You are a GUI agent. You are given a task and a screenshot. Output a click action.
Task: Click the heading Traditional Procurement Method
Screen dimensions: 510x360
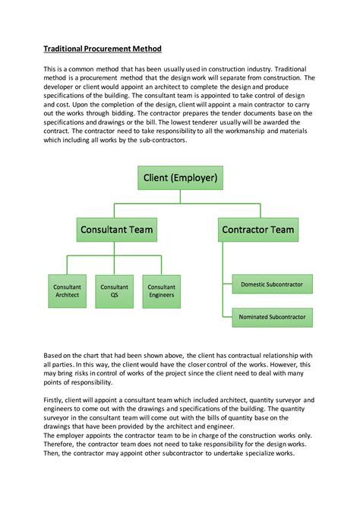click(x=102, y=49)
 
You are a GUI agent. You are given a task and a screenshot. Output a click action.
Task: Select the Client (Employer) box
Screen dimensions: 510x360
click(x=180, y=179)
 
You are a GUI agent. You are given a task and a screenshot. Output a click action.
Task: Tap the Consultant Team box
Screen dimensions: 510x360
click(x=118, y=230)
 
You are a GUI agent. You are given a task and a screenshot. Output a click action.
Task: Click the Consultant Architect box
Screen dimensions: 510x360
click(x=67, y=291)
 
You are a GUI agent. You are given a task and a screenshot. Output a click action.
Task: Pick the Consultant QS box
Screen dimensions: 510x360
click(x=115, y=291)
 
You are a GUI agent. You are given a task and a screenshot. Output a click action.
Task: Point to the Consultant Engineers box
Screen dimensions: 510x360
click(x=162, y=291)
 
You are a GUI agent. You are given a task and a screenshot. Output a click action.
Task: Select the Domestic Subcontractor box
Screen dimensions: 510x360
click(x=272, y=284)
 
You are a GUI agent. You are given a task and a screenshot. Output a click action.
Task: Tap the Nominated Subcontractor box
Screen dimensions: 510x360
click(x=272, y=317)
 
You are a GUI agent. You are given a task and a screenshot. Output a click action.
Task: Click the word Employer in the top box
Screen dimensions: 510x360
click(x=196, y=179)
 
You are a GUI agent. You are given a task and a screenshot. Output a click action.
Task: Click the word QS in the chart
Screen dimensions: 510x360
click(x=115, y=296)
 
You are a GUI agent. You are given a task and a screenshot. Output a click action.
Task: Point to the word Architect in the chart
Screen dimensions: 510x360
click(x=67, y=296)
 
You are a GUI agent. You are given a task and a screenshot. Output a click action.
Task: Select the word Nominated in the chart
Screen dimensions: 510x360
click(x=254, y=317)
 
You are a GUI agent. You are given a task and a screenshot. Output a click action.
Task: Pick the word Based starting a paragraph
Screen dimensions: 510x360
click(x=52, y=355)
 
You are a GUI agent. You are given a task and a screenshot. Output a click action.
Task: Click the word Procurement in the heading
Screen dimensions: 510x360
click(x=107, y=49)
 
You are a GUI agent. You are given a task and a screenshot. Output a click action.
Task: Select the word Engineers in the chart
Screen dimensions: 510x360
click(x=162, y=296)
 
